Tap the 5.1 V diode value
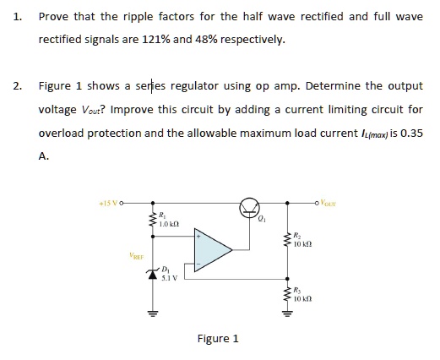point(169,279)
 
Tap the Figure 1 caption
point(217,338)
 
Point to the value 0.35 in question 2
point(410,133)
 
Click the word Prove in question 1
point(54,15)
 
